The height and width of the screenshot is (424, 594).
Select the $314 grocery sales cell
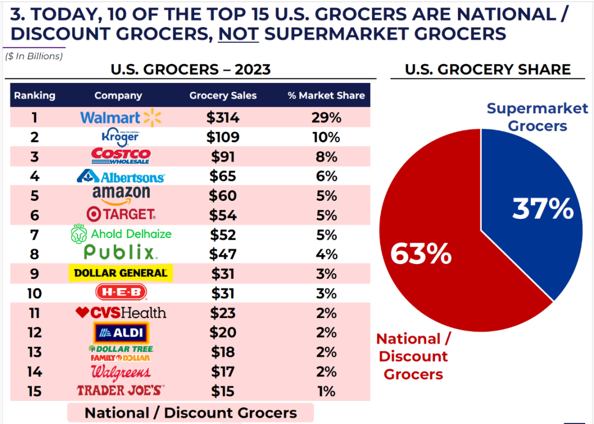tap(223, 118)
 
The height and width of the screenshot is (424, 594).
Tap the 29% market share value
tap(326, 118)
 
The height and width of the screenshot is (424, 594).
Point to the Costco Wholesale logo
tap(120, 156)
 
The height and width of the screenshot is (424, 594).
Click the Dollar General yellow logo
tap(120, 273)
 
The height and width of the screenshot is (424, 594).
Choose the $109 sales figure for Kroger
tap(223, 137)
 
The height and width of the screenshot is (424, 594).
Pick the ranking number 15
tap(35, 391)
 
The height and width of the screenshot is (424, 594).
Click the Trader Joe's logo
tap(120, 391)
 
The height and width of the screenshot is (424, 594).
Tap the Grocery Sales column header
tap(223, 95)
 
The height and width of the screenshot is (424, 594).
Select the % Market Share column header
tap(326, 95)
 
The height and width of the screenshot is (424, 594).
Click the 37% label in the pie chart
tap(543, 210)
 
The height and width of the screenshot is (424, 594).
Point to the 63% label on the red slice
tap(421, 254)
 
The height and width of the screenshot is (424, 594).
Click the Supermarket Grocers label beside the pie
tap(537, 117)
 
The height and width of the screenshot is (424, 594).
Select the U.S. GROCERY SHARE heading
tap(488, 70)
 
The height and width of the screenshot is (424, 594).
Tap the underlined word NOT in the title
tap(238, 34)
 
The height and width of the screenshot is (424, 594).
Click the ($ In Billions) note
tap(34, 56)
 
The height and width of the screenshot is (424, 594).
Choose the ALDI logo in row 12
tap(120, 333)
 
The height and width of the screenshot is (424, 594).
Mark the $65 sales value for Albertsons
tap(223, 176)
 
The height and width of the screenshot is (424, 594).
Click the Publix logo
tap(120, 253)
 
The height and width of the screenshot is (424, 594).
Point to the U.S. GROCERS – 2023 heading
tap(190, 70)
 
